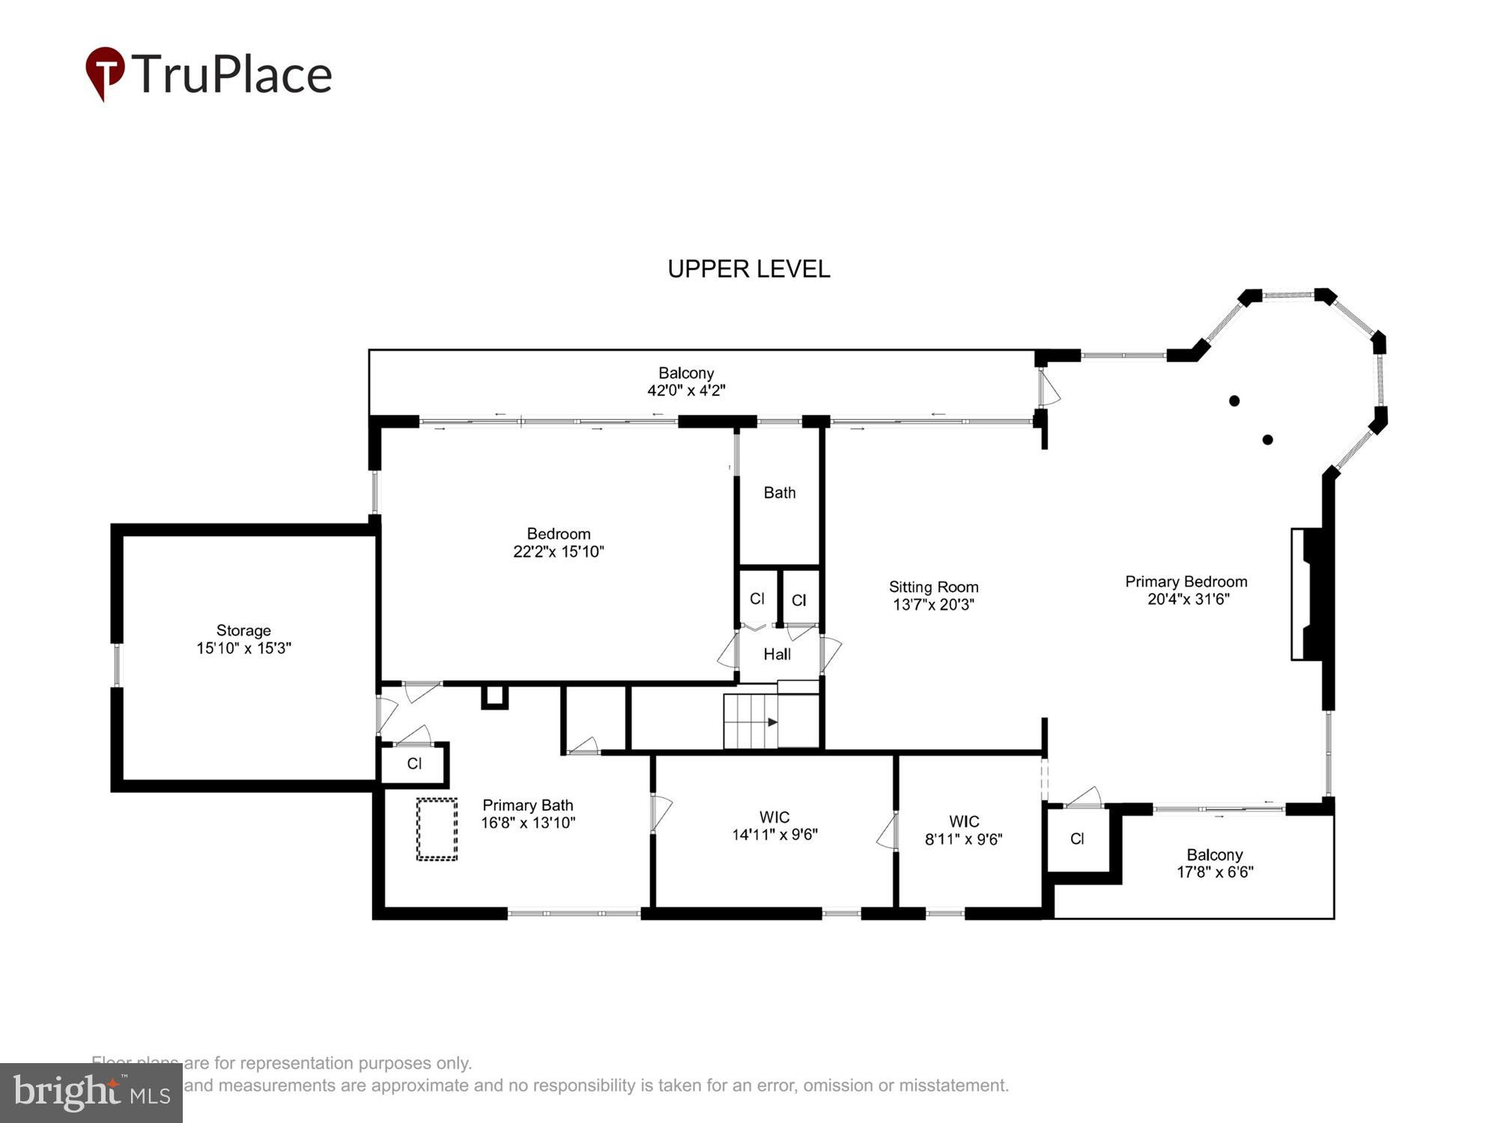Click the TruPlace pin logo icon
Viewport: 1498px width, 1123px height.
pos(104,73)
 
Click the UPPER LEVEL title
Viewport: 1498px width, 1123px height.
pos(748,270)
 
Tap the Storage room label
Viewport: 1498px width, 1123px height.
pos(243,630)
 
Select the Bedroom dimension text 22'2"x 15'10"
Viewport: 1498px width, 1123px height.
pos(558,552)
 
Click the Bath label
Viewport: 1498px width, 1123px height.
pos(779,493)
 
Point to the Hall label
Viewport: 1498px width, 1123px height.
pos(777,654)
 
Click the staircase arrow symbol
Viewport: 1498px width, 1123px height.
pos(772,722)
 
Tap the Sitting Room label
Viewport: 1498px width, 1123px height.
pos(933,587)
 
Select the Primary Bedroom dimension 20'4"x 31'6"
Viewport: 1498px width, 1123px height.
pos(1188,599)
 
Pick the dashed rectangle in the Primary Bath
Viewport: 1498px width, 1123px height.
pos(437,829)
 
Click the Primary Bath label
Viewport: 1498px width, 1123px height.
pos(527,806)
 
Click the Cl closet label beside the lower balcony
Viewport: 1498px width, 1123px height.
pos(1077,839)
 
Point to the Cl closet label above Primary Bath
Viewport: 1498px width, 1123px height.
pos(414,764)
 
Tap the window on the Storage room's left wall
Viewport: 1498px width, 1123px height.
pos(117,665)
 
